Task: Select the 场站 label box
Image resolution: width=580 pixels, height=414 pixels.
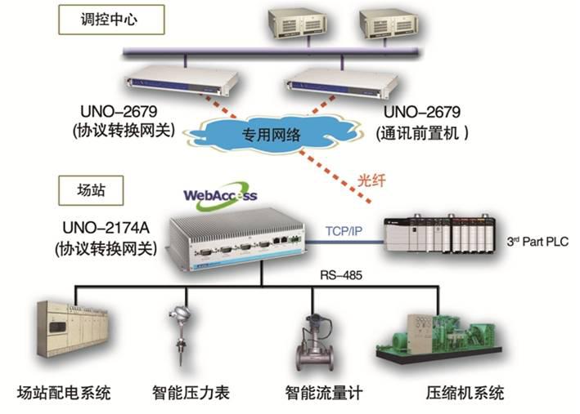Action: click(91, 193)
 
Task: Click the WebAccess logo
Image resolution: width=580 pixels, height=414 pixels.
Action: click(220, 195)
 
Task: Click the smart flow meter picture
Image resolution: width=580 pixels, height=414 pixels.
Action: click(316, 340)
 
